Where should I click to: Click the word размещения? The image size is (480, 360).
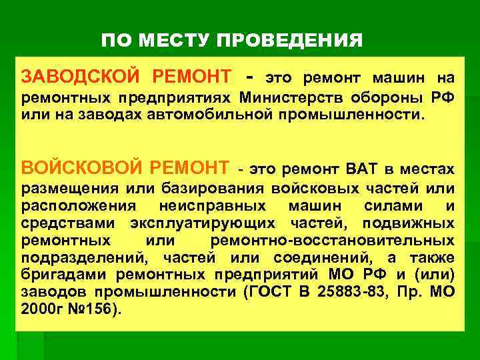pos(60,189)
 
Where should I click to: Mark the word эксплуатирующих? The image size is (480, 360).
pos(206,223)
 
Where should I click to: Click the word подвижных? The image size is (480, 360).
pos(409,223)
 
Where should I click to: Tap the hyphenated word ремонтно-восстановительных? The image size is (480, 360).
pos(332,241)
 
